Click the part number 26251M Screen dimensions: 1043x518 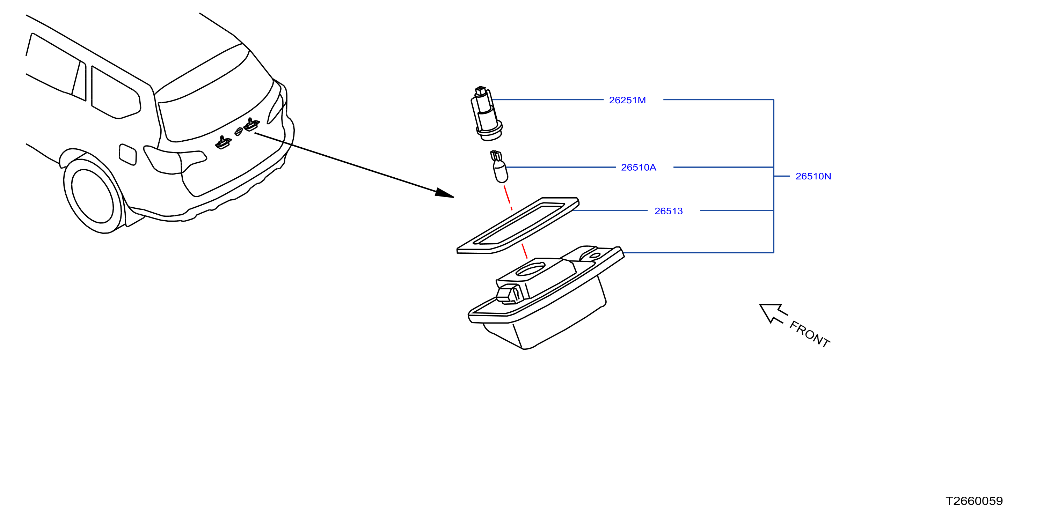(627, 100)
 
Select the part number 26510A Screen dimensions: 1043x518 (639, 167)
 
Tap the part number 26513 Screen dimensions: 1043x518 (669, 211)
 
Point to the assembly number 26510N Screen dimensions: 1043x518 (813, 176)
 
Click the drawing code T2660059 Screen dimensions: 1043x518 (974, 501)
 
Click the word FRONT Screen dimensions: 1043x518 (810, 334)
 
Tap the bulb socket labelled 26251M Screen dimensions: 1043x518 (486, 114)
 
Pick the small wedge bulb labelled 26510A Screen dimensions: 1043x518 (499, 167)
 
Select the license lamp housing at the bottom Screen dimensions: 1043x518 (546, 297)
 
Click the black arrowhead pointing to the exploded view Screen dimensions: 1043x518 (445, 193)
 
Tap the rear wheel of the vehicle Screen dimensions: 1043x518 (93, 196)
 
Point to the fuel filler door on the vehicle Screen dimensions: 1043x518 (127, 154)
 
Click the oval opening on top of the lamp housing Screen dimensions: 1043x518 (531, 269)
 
